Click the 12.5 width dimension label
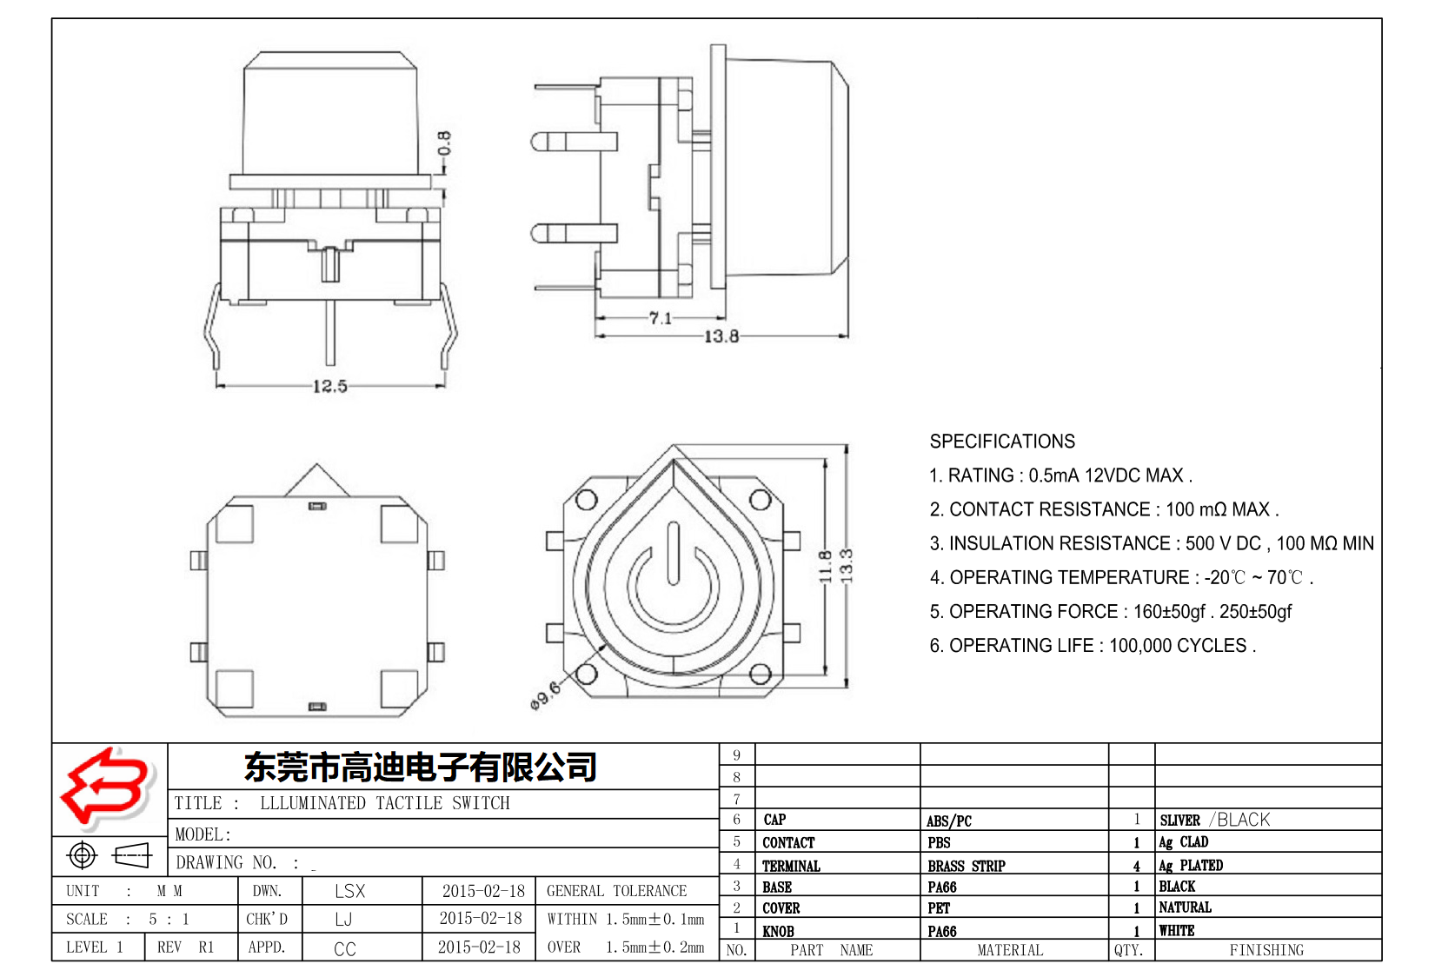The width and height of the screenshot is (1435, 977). [329, 386]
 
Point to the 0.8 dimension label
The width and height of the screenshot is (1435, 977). [444, 143]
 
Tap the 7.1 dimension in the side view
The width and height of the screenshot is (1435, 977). [661, 318]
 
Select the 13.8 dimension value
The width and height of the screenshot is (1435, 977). [721, 336]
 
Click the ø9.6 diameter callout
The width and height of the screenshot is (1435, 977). [545, 695]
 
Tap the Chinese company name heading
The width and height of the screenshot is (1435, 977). [420, 767]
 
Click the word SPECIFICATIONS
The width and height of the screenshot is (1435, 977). [1001, 442]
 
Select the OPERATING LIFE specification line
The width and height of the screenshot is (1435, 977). [1092, 646]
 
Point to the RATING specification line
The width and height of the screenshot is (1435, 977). [1060, 475]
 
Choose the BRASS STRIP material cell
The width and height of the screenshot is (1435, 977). [966, 866]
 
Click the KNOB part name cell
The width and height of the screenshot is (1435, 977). [778, 931]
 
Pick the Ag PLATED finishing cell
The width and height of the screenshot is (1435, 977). [1190, 866]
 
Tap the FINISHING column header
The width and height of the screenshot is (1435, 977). [1266, 950]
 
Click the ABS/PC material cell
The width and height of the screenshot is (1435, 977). [948, 821]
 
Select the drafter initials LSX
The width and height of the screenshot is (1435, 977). [349, 891]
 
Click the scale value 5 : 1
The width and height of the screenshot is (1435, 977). [169, 919]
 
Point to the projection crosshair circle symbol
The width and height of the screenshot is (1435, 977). [82, 855]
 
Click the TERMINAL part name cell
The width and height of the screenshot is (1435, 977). [791, 866]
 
